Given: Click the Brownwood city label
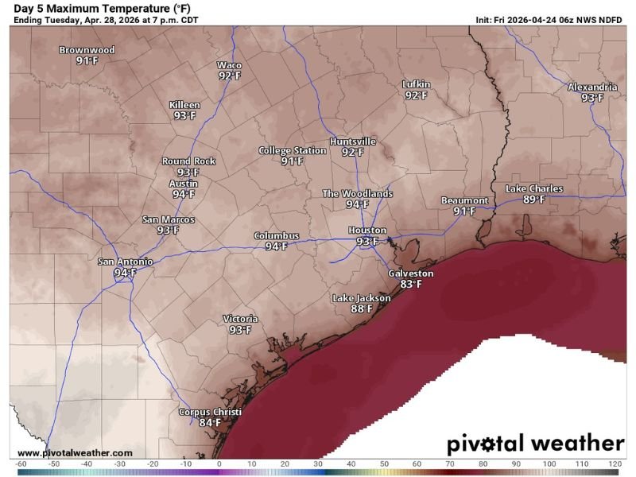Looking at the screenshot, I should coord(87,50).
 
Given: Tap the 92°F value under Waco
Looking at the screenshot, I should coord(230,76).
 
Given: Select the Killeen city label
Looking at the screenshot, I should coord(184,105).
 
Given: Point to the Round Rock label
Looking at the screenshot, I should coord(188,161).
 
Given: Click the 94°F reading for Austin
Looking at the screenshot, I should coord(184,194).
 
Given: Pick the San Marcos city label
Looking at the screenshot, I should coord(168,219).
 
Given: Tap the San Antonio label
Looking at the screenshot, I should coord(125,262).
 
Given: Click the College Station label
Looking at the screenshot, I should coord(292,150).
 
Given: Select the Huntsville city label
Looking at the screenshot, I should coord(352,142).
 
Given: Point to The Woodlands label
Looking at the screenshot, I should coord(357,193).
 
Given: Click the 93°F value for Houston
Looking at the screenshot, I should coord(367,242).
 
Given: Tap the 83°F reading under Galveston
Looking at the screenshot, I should coord(410,284).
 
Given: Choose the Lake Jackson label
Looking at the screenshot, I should coord(361,298).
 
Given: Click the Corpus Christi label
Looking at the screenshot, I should coord(209,412).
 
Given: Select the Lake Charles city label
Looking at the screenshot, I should coord(534,188).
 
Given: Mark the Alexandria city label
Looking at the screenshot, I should coord(592,87).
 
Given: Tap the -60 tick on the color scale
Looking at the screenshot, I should coord(21,463).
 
